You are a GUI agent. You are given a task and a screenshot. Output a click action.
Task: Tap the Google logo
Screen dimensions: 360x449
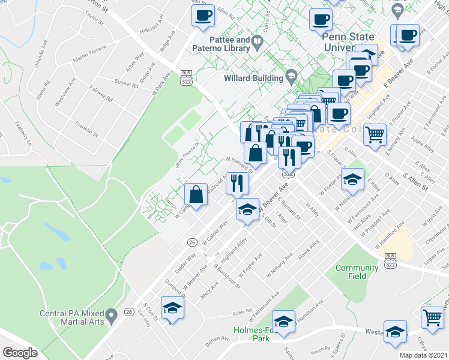click(20, 353)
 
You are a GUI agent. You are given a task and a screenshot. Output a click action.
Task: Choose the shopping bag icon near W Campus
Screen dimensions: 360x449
click(196, 194)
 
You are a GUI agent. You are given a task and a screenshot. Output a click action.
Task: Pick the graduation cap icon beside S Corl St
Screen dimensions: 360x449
click(172, 308)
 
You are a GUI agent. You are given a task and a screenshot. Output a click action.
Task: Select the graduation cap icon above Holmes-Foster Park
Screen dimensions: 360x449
click(283, 321)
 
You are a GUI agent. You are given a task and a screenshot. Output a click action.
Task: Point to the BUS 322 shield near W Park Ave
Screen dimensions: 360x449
click(186, 77)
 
